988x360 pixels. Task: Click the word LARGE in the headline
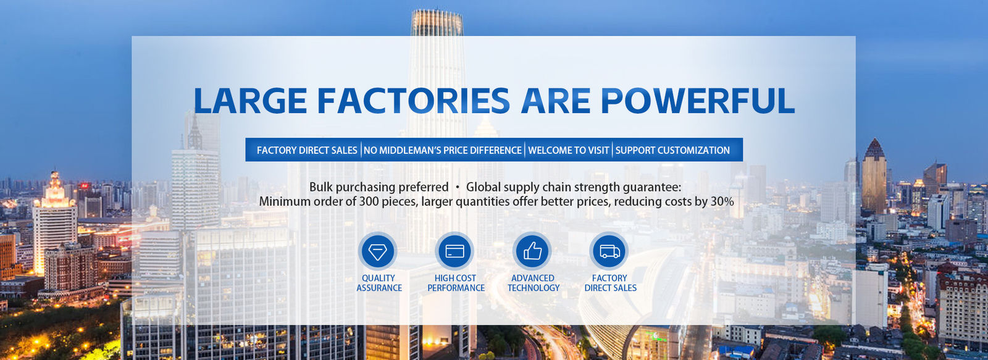click(x=250, y=101)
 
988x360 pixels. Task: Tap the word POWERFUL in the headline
click(x=698, y=101)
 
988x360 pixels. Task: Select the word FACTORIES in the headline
click(x=414, y=101)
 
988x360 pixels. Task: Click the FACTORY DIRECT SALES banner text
click(x=307, y=151)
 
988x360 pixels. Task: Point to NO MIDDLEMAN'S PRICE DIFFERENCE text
click(x=442, y=151)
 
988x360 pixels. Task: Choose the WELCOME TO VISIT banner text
click(x=569, y=151)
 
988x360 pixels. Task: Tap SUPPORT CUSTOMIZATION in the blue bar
click(x=672, y=151)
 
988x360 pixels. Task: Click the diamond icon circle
click(x=377, y=251)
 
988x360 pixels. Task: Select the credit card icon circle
click(x=454, y=251)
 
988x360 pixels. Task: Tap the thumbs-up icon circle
click(x=532, y=251)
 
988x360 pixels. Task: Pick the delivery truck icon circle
click(x=609, y=251)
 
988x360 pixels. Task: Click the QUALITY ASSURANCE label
click(x=379, y=283)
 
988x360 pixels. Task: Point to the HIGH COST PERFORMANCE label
click(x=456, y=283)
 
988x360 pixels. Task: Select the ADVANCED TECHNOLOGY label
click(x=534, y=283)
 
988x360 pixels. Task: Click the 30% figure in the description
click(x=722, y=202)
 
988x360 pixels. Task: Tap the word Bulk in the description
click(x=321, y=187)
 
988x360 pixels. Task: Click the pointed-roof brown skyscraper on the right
click(x=874, y=177)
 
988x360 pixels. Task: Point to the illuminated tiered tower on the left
click(x=55, y=223)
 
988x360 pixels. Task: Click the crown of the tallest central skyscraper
click(x=437, y=22)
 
